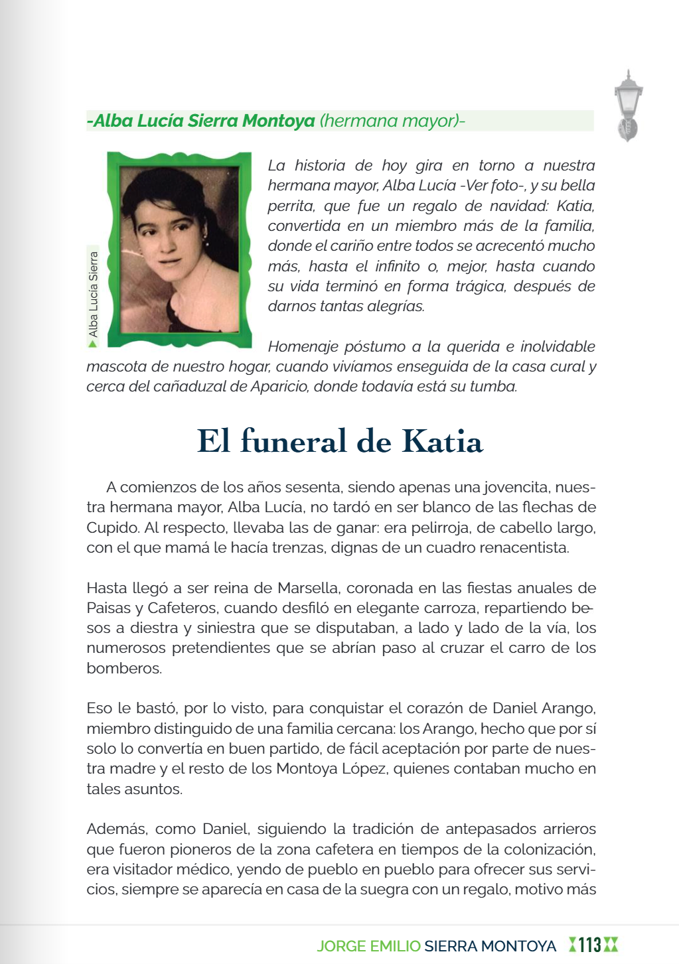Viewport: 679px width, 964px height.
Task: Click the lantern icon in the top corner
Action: pyautogui.click(x=628, y=105)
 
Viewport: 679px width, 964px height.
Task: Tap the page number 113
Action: pyautogui.click(x=589, y=945)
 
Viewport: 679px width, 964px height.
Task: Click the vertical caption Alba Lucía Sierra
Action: pyautogui.click(x=94, y=293)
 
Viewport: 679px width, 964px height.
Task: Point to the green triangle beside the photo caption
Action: pyautogui.click(x=93, y=344)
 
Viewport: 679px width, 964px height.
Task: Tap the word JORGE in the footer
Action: pyautogui.click(x=339, y=946)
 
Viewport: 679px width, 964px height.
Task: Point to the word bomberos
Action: pyautogui.click(x=123, y=669)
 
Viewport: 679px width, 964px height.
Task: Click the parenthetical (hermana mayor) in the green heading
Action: pyautogui.click(x=392, y=121)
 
